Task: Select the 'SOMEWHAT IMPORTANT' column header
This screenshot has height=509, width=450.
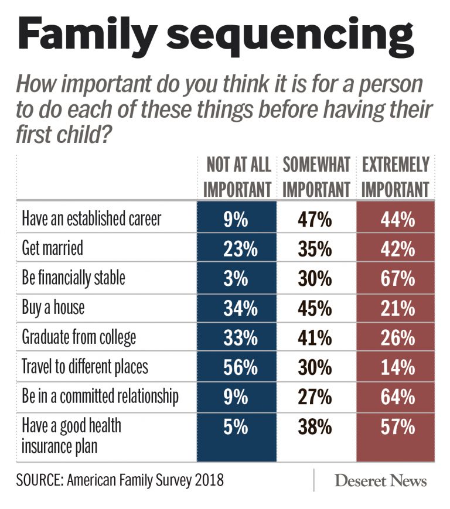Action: (316, 177)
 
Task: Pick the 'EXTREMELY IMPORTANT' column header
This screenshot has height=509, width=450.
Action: (396, 177)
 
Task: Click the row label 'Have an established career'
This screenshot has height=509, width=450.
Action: (91, 218)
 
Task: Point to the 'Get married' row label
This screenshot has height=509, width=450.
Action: (53, 248)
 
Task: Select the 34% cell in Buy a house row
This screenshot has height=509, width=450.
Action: (236, 308)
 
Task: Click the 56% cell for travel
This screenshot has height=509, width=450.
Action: (236, 367)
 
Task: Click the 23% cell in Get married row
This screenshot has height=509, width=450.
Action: (236, 249)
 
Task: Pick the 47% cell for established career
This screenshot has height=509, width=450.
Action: (316, 220)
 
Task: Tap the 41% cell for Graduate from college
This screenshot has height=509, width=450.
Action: (316, 338)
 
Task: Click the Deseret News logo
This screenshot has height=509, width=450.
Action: (381, 481)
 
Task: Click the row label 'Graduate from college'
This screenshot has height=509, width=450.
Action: (79, 337)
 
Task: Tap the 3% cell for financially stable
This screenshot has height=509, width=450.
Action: (236, 278)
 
